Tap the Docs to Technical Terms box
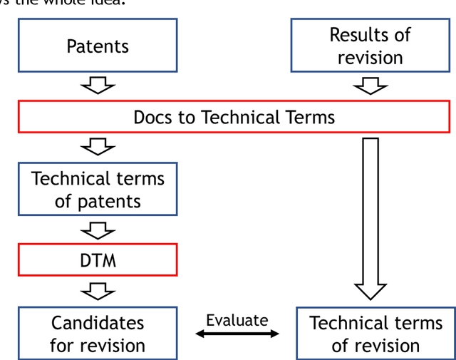point(234,117)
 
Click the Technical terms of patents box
point(98,190)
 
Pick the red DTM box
point(98,260)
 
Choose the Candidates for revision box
point(98,334)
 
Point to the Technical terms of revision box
point(375,334)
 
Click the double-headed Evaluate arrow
point(237,334)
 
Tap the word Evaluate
point(237,320)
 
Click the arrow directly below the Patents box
point(98,86)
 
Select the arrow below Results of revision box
point(370,86)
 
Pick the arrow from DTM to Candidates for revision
point(98,291)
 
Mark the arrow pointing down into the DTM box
point(98,230)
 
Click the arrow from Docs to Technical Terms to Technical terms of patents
point(98,148)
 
